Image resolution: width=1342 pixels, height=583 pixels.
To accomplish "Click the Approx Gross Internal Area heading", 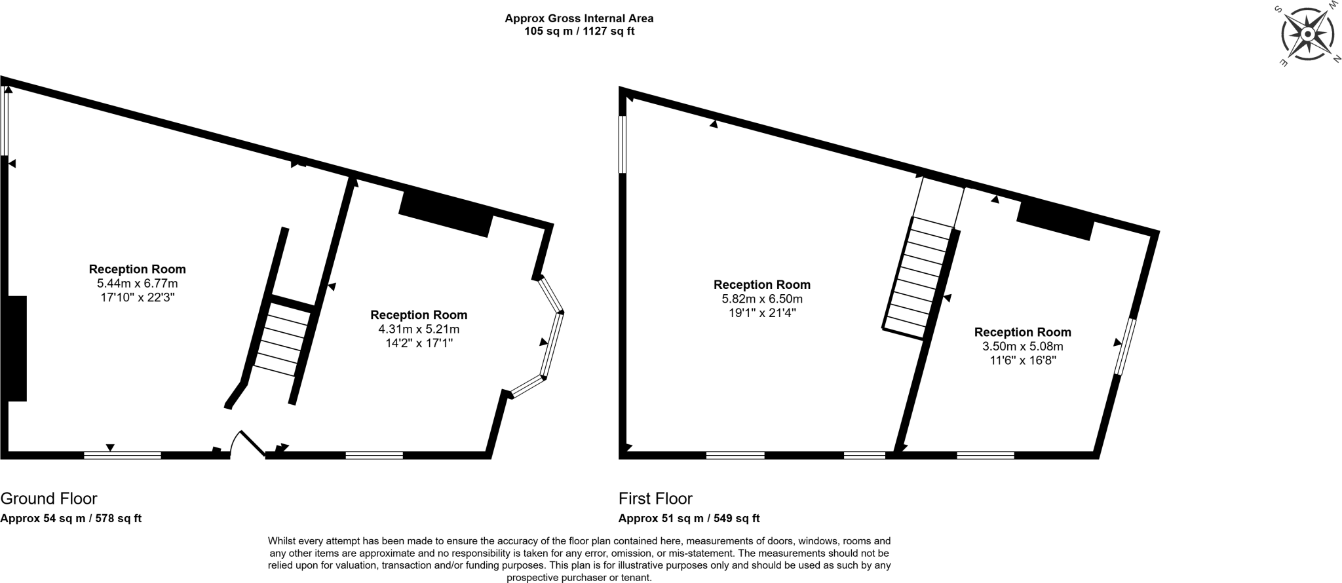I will tap(579, 18).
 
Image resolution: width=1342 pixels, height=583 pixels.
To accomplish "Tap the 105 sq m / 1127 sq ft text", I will tap(579, 31).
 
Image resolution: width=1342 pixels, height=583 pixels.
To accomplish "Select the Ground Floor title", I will tap(48, 498).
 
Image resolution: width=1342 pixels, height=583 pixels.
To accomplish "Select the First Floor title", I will tap(655, 498).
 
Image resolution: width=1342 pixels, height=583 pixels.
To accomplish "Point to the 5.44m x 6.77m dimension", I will tap(137, 284).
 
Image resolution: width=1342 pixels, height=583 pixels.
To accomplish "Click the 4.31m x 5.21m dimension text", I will tap(419, 329).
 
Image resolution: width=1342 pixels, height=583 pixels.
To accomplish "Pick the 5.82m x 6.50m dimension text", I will tap(762, 299).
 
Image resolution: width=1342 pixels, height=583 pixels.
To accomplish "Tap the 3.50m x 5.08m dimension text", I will tap(1022, 346).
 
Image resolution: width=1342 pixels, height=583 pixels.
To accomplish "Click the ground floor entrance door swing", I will tap(247, 443).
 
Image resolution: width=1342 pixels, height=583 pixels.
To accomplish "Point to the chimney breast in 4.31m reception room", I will tap(446, 212).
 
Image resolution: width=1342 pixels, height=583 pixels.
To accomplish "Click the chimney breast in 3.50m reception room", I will tap(1055, 219).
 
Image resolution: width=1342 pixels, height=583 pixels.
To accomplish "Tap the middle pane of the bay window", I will tap(552, 345).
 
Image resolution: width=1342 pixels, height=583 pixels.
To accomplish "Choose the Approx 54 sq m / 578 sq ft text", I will tap(71, 518).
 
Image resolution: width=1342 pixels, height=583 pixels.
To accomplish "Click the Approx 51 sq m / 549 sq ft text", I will tap(689, 518).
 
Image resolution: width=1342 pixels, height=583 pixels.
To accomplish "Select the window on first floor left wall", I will tap(622, 145).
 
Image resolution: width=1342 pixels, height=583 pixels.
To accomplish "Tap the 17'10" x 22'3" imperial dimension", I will tap(137, 297).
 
